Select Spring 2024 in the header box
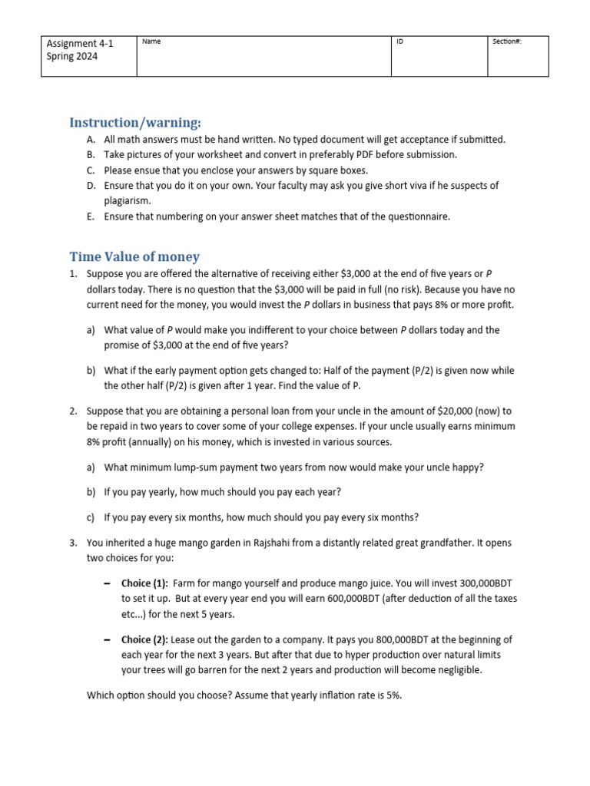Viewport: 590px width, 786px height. point(72,57)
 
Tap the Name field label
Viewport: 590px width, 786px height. point(151,41)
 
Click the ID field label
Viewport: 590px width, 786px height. point(399,41)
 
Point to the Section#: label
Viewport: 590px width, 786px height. point(507,41)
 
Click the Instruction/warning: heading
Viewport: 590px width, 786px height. point(135,123)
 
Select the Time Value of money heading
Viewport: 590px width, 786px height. point(134,257)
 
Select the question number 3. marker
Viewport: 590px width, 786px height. point(73,543)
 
